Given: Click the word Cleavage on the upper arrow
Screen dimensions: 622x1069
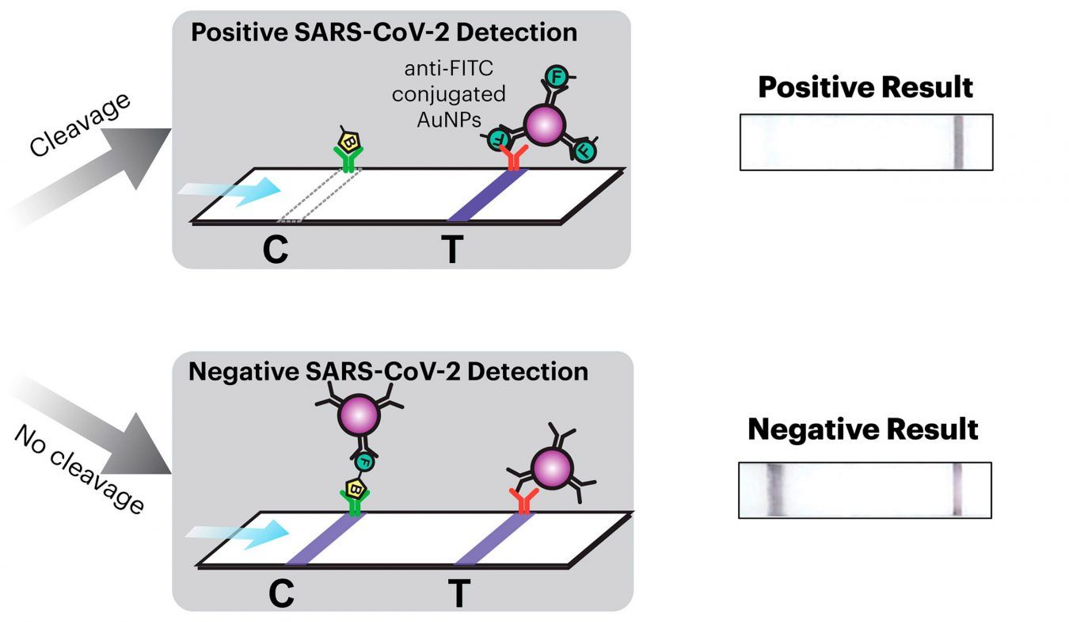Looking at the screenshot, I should [x=79, y=122].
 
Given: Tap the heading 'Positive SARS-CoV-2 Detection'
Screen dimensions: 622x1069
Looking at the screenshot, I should [x=385, y=32].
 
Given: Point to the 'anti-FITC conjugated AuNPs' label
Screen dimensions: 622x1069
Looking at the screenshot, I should [x=458, y=94].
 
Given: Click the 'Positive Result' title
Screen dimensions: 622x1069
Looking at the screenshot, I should [x=865, y=87].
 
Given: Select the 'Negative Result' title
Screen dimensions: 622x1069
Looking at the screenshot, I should [x=863, y=429].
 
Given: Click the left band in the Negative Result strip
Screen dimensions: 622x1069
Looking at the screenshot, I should [x=774, y=490].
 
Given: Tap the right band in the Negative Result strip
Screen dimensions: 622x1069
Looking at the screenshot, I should [x=957, y=490].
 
